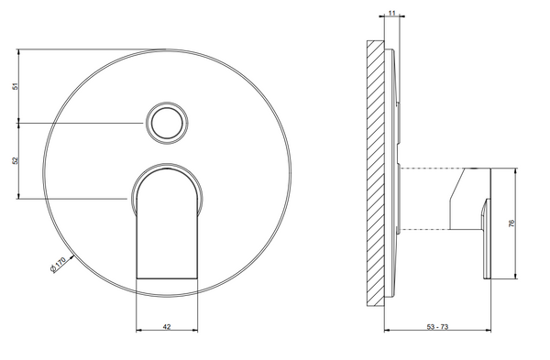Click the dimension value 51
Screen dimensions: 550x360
coord(15,86)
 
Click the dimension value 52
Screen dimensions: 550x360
coord(15,161)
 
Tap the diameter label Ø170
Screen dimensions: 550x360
coord(59,265)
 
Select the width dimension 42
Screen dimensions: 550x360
coord(167,327)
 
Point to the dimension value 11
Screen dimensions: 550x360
coord(391,13)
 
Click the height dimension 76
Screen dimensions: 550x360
coord(511,223)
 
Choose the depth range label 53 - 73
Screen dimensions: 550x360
coord(437,327)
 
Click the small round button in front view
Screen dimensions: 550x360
coord(167,123)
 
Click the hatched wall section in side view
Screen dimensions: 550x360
coord(376,174)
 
